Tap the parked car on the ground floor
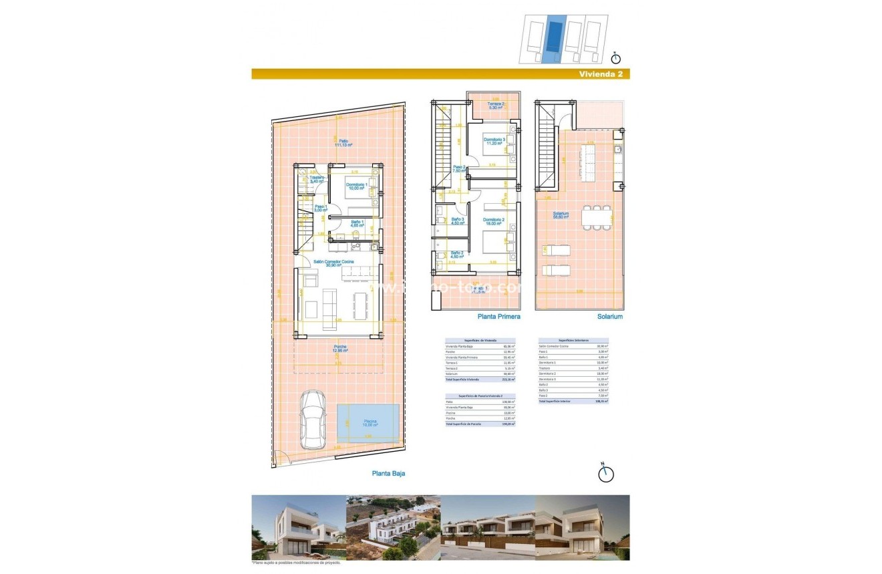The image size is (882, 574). (313, 420)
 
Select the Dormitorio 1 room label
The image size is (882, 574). (358, 186)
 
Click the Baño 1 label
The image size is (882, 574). (356, 223)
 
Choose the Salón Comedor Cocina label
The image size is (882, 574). (339, 263)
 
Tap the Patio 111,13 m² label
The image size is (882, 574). (343, 143)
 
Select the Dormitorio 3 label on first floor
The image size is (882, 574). (495, 141)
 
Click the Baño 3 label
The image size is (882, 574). (458, 221)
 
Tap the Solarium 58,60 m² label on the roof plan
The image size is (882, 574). (561, 216)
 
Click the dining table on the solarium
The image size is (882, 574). (596, 217)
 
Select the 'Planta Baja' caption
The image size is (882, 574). (388, 473)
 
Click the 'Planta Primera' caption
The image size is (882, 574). (498, 317)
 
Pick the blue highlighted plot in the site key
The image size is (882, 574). (552, 39)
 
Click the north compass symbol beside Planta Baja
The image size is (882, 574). (605, 473)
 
